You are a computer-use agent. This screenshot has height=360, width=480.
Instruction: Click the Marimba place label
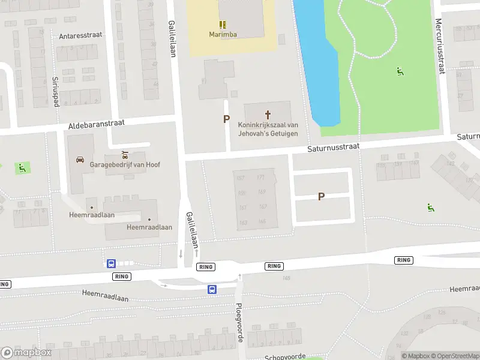(223, 34)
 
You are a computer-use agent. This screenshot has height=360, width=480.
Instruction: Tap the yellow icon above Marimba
(223, 25)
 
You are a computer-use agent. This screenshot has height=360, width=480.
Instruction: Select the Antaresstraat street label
(80, 35)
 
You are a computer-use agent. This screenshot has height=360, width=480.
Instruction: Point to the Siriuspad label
(55, 91)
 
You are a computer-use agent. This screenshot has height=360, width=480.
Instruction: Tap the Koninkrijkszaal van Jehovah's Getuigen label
(268, 128)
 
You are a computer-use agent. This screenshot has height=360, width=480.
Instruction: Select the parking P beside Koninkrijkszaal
(226, 119)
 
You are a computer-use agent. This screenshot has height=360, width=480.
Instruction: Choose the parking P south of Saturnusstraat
(322, 196)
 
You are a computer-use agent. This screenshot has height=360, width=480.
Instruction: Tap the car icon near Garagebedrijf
(80, 160)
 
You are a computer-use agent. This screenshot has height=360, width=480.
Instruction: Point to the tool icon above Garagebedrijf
(125, 154)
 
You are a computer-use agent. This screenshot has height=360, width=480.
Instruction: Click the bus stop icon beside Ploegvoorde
(212, 289)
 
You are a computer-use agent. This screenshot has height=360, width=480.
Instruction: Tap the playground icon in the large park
(400, 72)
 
